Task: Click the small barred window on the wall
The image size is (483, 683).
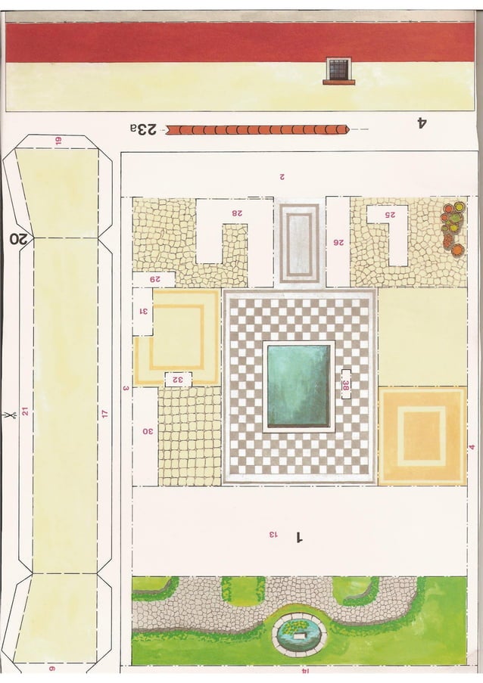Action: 338,70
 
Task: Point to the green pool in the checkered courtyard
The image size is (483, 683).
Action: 298,386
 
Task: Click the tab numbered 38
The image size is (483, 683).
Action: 346,384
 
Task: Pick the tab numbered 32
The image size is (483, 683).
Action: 178,380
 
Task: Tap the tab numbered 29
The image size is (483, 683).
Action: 154,279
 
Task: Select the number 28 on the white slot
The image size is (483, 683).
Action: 237,213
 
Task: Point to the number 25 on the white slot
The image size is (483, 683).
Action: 391,214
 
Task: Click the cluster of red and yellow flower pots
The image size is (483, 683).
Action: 452,225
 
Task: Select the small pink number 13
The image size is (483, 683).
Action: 273,535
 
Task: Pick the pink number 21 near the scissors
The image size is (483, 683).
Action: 24,411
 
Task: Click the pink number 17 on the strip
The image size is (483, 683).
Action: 104,414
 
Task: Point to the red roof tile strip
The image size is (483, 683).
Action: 257,129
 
